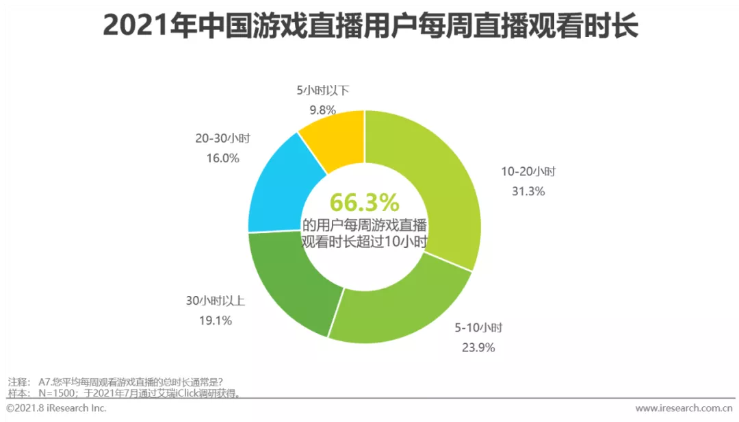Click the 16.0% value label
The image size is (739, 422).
click(x=222, y=158)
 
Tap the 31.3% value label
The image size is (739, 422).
click(x=528, y=191)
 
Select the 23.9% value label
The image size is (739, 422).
click(x=478, y=347)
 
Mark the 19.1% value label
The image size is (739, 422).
click(x=216, y=320)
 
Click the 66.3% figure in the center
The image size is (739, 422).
click(x=364, y=203)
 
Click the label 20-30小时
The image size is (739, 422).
click(x=222, y=138)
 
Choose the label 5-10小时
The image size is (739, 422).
click(x=479, y=328)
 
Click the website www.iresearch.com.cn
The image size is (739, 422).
click(x=684, y=409)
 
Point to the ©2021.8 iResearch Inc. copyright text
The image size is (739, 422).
click(x=56, y=408)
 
